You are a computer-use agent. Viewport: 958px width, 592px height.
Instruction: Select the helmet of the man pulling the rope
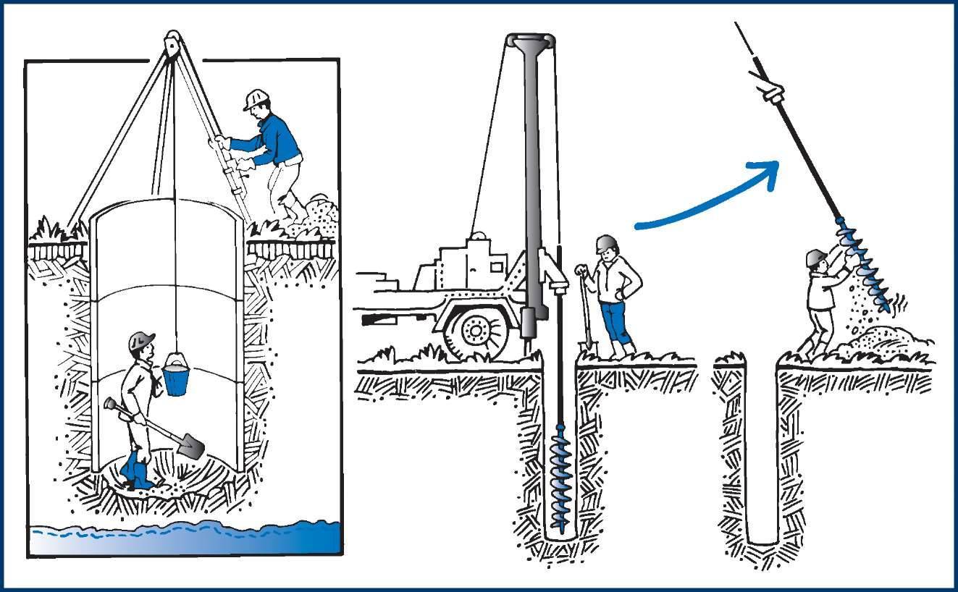pyautogui.click(x=256, y=98)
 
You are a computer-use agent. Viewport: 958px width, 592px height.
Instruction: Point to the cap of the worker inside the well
pyautogui.click(x=142, y=339)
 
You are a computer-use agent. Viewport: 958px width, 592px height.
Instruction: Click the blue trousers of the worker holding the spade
pyautogui.click(x=614, y=324)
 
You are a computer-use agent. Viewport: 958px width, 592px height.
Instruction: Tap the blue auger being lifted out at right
pyautogui.click(x=865, y=263)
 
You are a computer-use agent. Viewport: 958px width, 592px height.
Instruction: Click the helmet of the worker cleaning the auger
pyautogui.click(x=816, y=257)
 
